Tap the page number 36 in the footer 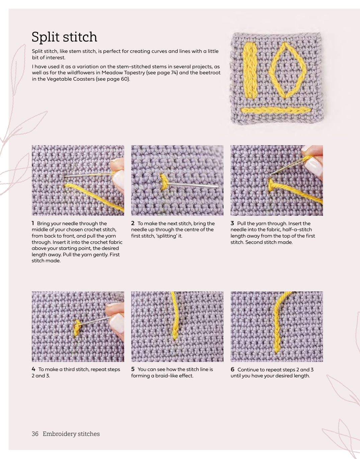click(x=35, y=434)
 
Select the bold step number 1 click(x=33, y=223)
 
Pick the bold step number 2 click(x=132, y=223)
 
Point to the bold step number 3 click(x=232, y=223)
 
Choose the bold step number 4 click(x=33, y=369)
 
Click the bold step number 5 click(x=132, y=369)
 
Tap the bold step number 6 click(x=233, y=369)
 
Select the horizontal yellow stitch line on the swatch click(x=276, y=110)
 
